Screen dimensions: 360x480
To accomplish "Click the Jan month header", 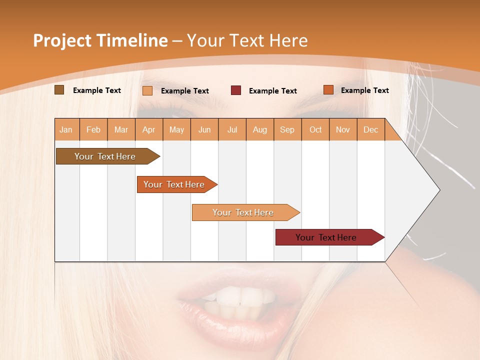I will pyautogui.click(x=66, y=130).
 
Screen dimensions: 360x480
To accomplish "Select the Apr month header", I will pyautogui.click(x=149, y=130).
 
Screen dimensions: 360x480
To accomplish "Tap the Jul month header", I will pyautogui.click(x=232, y=130).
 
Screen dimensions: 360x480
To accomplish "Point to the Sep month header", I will pyautogui.click(x=287, y=130).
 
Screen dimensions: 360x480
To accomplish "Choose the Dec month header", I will pyautogui.click(x=370, y=130).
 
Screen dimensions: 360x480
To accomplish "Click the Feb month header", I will pyautogui.click(x=93, y=130).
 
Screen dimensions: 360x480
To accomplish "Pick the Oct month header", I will pyautogui.click(x=315, y=130).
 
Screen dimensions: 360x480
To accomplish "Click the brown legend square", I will pyautogui.click(x=59, y=90).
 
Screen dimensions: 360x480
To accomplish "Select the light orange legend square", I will pyautogui.click(x=147, y=90).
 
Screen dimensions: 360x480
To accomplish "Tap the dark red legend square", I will pyautogui.click(x=236, y=90).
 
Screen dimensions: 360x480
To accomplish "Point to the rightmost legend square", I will pyautogui.click(x=328, y=90).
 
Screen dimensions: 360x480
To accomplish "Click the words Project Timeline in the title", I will pyautogui.click(x=100, y=40).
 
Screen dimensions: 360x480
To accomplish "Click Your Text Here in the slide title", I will pyautogui.click(x=247, y=40).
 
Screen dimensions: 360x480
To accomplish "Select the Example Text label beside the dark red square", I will pyautogui.click(x=273, y=91).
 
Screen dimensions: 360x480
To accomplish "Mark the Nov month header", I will pyautogui.click(x=343, y=130).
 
